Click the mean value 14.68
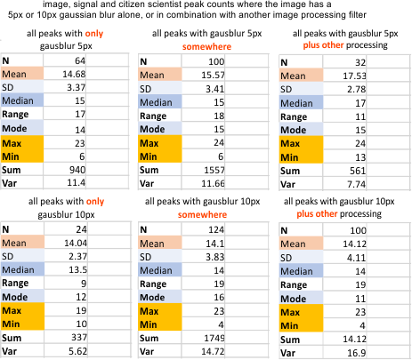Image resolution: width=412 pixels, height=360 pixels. click(74, 74)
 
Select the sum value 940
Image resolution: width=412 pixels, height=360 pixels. click(77, 170)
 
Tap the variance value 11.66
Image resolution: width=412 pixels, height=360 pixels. click(213, 184)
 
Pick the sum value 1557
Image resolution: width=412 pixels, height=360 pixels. click(214, 170)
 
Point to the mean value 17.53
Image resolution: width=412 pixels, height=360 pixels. click(354, 76)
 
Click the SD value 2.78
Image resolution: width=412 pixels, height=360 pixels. click(357, 89)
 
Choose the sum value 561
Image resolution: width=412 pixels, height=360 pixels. click(358, 171)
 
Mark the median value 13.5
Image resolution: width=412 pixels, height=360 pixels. click(77, 269)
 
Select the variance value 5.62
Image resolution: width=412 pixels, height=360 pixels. click(77, 351)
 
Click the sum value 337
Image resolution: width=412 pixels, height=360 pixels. click(79, 338)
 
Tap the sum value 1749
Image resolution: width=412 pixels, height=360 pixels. click(214, 339)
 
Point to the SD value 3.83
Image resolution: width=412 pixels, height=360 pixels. click(215, 257)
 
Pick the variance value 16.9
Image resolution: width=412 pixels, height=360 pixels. click(357, 353)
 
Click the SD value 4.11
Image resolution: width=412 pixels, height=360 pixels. click(357, 258)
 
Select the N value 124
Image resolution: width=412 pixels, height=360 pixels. click(216, 229)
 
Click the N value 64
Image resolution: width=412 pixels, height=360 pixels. click(80, 60)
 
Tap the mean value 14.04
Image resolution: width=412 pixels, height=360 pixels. click(76, 243)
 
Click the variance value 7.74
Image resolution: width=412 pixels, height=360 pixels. click(357, 184)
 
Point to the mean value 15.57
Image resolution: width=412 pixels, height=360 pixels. click(213, 76)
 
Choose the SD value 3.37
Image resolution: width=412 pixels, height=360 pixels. click(77, 87)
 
